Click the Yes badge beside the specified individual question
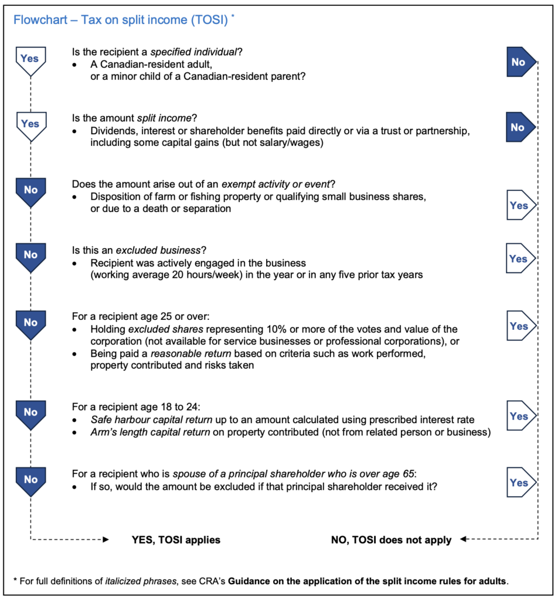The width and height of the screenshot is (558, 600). coord(30,60)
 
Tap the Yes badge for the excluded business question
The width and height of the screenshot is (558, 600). coord(518,259)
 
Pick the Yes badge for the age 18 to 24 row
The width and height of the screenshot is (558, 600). coord(518,416)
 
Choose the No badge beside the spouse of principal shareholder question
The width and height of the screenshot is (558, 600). coord(30,480)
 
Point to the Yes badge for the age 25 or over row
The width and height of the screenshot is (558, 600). coord(518,326)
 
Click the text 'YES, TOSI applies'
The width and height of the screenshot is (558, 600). coord(176,540)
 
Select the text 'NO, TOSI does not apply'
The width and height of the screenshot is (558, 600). coord(391,540)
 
